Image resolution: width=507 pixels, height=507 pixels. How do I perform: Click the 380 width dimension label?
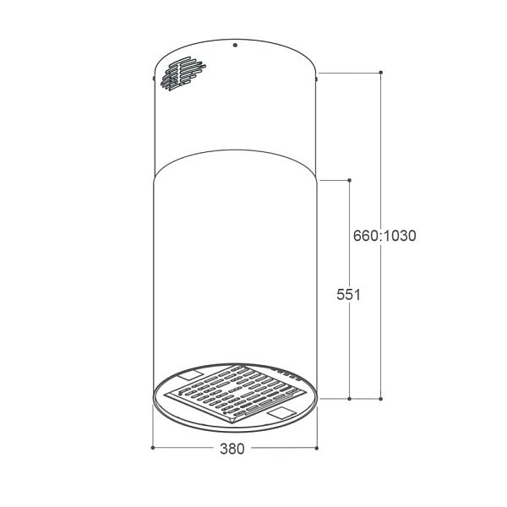click(232, 449)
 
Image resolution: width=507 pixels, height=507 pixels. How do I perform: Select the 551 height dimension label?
click(348, 295)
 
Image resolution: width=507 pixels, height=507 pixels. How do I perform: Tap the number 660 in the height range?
click(365, 236)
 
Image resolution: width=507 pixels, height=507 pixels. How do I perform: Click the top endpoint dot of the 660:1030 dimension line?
click(381, 72)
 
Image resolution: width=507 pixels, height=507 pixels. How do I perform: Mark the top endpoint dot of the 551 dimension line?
click(349, 180)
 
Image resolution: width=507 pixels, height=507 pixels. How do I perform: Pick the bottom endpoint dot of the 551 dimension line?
click(349, 399)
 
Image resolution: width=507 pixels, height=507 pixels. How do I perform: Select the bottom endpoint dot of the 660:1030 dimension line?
click(380, 399)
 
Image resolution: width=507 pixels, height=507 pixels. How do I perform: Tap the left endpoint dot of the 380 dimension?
click(153, 448)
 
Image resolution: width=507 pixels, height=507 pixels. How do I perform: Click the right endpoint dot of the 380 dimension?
click(317, 448)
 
